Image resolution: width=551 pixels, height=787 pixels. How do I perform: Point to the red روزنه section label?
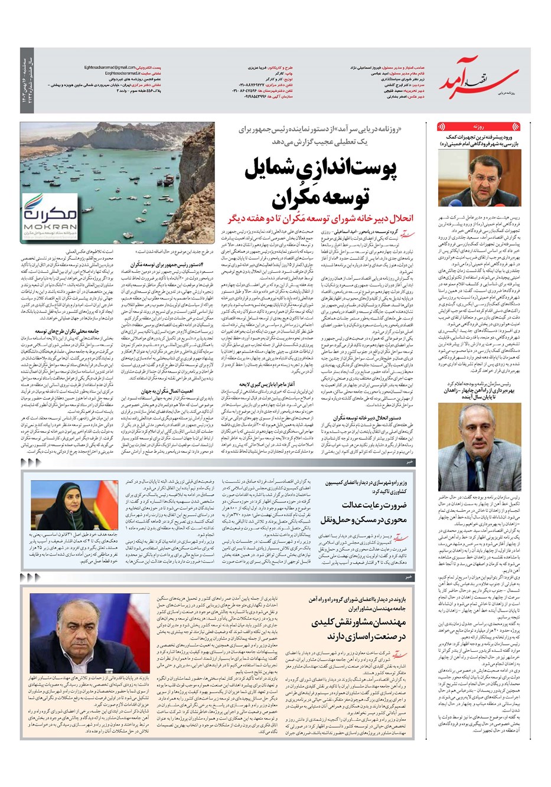tap(478, 127)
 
